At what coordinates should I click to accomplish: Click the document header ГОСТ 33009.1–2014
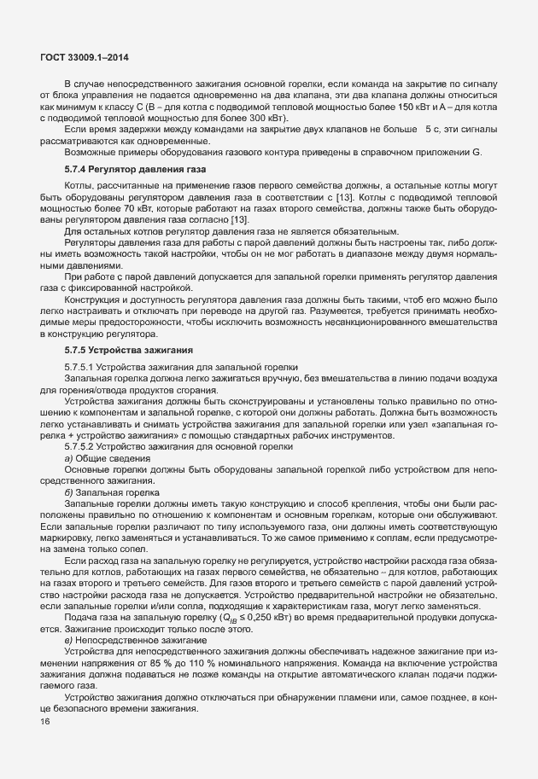click(x=79, y=57)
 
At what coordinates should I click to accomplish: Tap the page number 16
click(x=46, y=722)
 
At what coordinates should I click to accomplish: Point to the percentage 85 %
click(x=134, y=660)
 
